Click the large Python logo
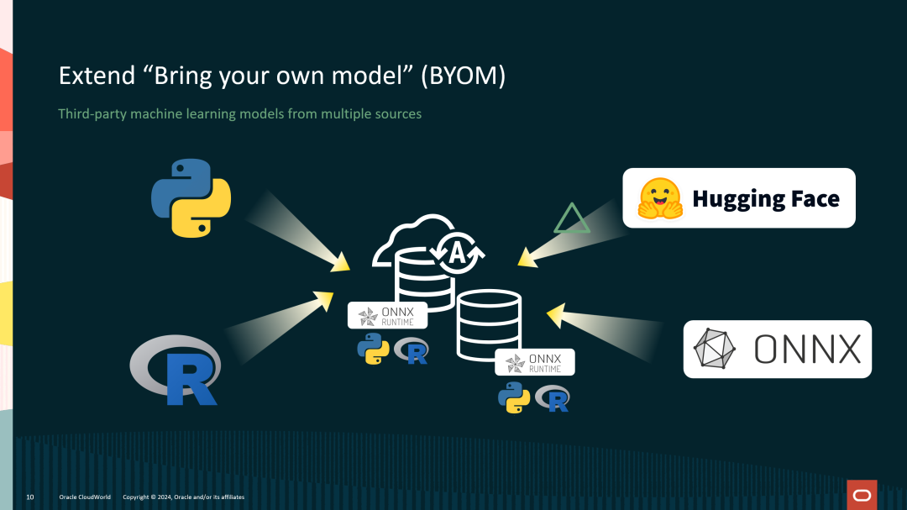click(x=191, y=197)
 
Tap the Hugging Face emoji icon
click(x=659, y=198)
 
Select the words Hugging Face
click(x=765, y=199)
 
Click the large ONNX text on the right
click(x=807, y=349)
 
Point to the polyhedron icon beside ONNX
click(x=715, y=349)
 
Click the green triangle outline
click(x=572, y=219)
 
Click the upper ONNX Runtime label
click(x=387, y=316)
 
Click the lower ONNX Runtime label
click(x=534, y=362)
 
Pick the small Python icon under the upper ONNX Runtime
click(x=373, y=349)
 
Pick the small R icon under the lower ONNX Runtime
click(x=553, y=398)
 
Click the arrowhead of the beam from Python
click(x=340, y=263)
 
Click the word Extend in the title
click(x=91, y=76)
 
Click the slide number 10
click(x=30, y=497)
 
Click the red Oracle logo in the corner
click(x=862, y=494)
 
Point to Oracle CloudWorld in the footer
click(x=85, y=497)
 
